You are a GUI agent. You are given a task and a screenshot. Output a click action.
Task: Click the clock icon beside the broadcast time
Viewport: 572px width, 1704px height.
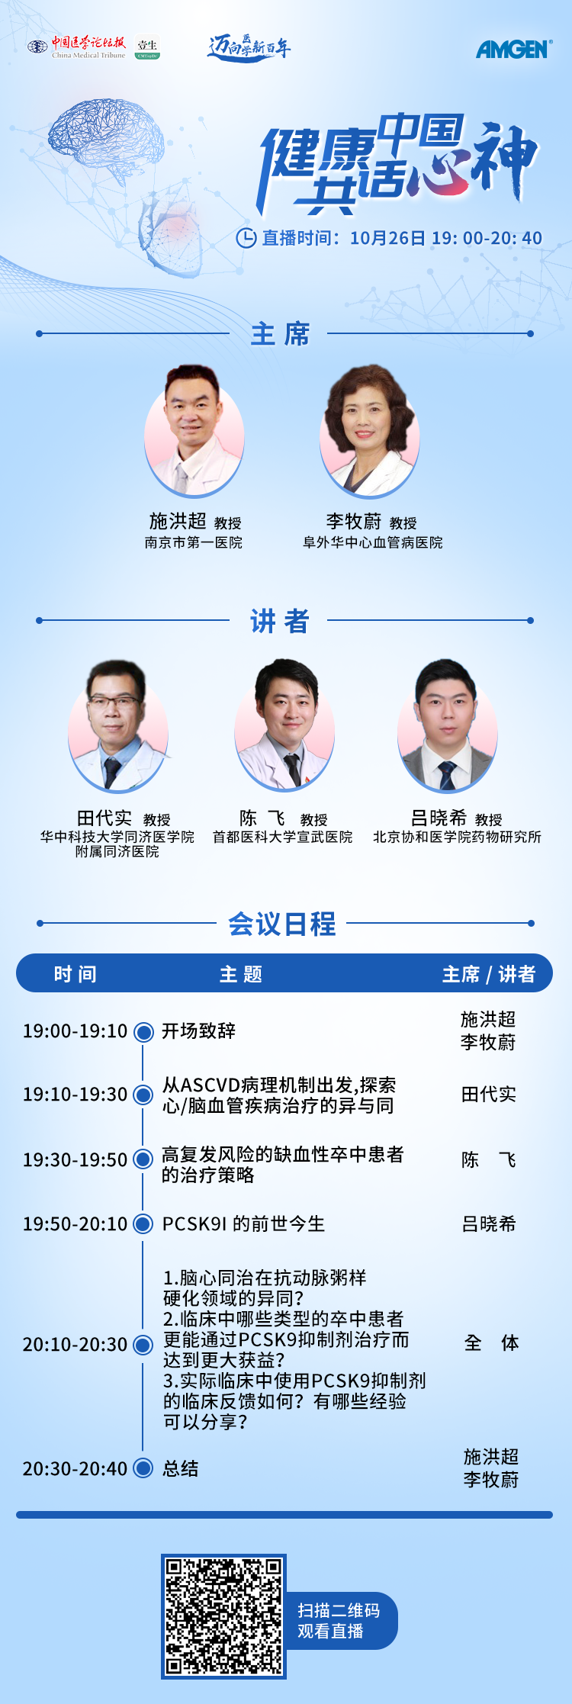click(246, 238)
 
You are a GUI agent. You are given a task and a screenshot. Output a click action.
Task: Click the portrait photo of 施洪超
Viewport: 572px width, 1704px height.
click(194, 431)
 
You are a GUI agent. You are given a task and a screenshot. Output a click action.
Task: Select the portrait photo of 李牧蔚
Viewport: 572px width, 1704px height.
click(370, 431)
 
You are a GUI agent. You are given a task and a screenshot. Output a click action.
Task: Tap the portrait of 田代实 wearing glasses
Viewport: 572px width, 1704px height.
click(117, 726)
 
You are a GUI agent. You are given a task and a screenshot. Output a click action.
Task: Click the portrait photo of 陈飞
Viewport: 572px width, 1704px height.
click(284, 726)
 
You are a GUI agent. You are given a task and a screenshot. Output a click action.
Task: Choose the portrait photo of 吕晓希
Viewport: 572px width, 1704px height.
click(447, 726)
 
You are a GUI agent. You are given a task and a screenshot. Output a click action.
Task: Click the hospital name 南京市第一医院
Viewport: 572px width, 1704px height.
click(194, 543)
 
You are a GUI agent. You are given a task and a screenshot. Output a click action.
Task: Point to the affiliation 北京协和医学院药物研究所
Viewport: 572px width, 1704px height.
click(457, 837)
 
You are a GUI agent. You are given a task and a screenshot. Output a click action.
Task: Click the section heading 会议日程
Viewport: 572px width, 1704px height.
click(282, 924)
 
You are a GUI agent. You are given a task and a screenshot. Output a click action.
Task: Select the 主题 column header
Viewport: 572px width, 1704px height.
click(241, 974)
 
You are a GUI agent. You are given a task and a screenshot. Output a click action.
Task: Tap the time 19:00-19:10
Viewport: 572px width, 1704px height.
click(76, 1031)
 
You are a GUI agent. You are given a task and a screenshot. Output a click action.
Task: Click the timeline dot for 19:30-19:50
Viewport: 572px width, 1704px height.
click(143, 1159)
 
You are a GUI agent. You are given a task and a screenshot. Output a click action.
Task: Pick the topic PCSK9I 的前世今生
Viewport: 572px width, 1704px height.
click(243, 1223)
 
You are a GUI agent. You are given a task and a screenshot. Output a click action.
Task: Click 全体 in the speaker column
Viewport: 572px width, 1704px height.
click(491, 1342)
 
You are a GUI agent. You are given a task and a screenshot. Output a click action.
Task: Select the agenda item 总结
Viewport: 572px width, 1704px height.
click(181, 1468)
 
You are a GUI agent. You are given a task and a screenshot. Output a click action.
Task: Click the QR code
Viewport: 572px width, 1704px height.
click(223, 1616)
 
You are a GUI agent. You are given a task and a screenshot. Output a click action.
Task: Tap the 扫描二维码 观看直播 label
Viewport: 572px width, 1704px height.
click(339, 1620)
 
